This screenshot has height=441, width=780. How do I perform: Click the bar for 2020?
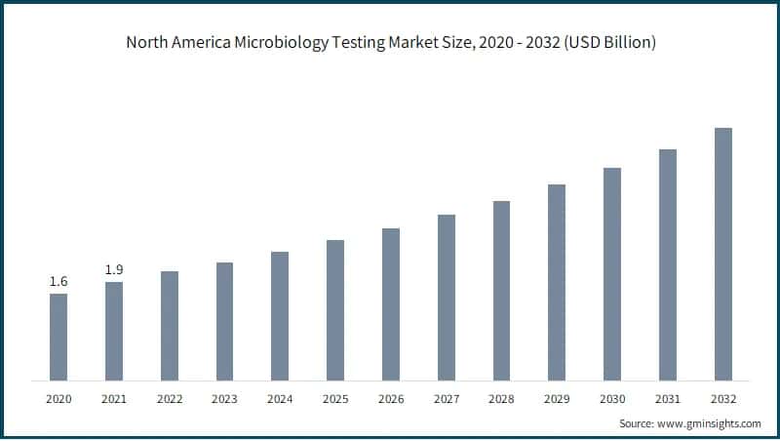58,337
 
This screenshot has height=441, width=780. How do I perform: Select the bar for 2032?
722,254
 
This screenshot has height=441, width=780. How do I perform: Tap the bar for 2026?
390,304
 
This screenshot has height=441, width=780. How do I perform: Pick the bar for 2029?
557,282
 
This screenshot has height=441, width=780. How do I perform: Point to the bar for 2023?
224,321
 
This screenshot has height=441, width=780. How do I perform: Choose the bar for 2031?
667,264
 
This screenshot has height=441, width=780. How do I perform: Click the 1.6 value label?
58,282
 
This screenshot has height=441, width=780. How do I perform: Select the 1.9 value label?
114,269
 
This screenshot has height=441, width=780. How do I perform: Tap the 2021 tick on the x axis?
114,398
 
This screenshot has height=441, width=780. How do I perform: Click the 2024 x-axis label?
280,398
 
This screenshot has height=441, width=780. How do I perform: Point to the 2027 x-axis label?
446,398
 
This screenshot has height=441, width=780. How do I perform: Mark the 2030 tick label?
612,398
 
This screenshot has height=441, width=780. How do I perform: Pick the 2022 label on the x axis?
170,398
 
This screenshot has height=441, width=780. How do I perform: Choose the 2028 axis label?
501,398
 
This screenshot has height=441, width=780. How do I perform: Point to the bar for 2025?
335,310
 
